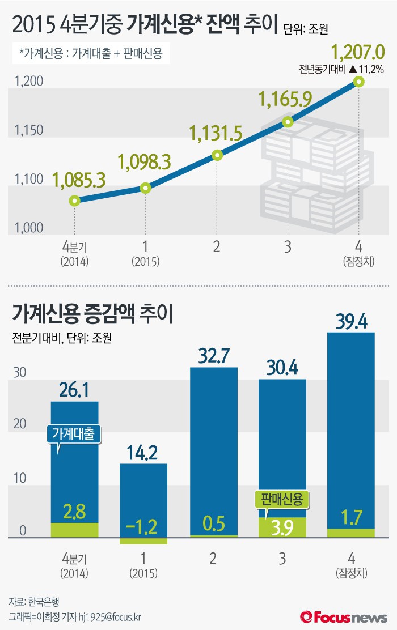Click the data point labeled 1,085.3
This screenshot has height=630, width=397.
point(74,201)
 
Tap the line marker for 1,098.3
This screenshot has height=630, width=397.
point(145,188)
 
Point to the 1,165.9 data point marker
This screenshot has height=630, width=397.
point(288,121)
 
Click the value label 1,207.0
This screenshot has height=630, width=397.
point(358,54)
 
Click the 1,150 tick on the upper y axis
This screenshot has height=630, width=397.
point(27,131)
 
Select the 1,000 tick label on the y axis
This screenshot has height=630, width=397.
point(27,228)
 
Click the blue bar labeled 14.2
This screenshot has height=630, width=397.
point(143,499)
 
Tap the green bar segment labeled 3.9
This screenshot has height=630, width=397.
point(282,527)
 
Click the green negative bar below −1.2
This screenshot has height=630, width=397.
point(143,540)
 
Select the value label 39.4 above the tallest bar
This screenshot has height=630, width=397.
point(352,322)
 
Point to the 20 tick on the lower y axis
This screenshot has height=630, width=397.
point(20,424)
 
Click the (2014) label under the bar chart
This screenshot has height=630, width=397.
point(74,573)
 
